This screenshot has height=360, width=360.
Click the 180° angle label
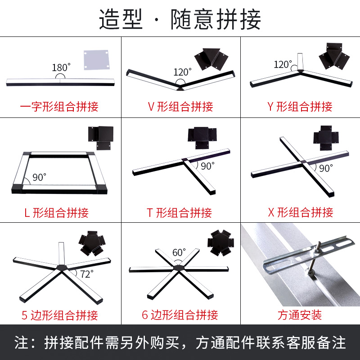(62, 67)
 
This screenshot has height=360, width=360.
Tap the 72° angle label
(86, 274)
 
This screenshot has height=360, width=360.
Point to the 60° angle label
(179, 252)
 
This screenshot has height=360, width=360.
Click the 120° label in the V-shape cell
(183, 72)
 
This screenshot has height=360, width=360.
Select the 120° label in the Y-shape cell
(283, 64)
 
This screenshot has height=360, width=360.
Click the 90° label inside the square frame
(39, 177)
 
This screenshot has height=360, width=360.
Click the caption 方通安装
(300, 315)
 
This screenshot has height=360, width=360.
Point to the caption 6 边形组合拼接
(180, 315)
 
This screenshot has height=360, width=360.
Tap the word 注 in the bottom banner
(22, 342)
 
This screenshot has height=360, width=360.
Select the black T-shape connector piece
(202, 137)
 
